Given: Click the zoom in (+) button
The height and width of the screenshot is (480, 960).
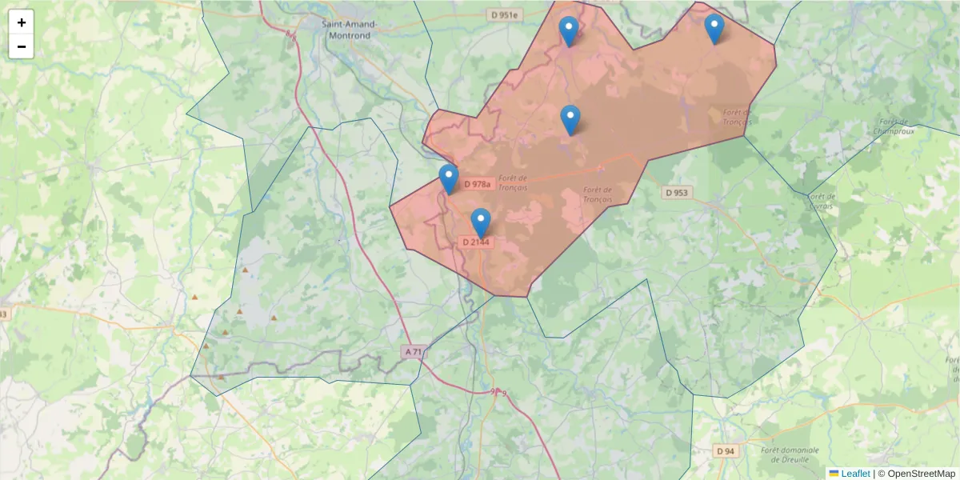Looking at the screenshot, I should (x=22, y=22).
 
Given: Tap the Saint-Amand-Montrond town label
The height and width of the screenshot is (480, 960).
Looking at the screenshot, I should (x=349, y=29).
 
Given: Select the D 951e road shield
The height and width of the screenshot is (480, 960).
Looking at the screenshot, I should (x=505, y=14).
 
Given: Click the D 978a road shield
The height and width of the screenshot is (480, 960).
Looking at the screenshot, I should (x=477, y=184).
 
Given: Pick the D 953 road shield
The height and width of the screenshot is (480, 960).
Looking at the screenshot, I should (x=676, y=193).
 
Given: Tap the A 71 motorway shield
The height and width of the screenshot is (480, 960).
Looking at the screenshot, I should (x=413, y=351).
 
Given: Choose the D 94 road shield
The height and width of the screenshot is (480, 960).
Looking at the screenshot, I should (x=725, y=451).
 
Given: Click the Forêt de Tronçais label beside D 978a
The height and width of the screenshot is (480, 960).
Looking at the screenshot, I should (x=512, y=182).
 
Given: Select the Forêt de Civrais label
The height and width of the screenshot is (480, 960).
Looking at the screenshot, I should (x=822, y=201).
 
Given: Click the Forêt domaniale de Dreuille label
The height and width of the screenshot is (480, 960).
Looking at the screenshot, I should (x=792, y=454).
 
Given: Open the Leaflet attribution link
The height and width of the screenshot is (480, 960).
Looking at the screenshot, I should (x=854, y=474).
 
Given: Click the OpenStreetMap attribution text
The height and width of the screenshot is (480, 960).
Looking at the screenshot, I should (x=921, y=474).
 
